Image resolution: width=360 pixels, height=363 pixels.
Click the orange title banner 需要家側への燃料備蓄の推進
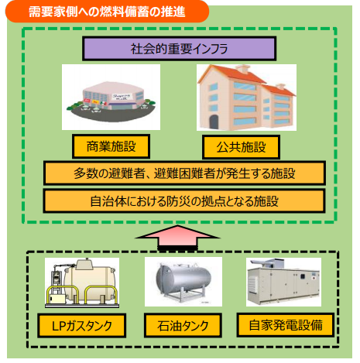pyautogui.click(x=107, y=12)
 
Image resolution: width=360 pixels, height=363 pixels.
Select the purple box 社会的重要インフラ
pyautogui.click(x=179, y=49)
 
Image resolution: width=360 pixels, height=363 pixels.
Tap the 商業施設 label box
pyautogui.click(x=111, y=146)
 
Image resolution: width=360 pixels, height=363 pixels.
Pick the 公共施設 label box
pyautogui.click(x=241, y=147)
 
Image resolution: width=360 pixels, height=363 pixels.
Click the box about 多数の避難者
pyautogui.click(x=184, y=173)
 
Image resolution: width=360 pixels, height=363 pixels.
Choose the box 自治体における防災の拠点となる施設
pyautogui.click(x=184, y=201)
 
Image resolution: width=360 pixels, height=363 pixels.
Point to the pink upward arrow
pyautogui.click(x=178, y=237)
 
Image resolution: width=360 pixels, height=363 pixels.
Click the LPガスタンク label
pyautogui.click(x=82, y=326)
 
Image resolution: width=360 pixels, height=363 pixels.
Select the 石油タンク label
pyautogui.click(x=183, y=326)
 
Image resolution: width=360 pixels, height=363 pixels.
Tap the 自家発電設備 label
pyautogui.click(x=286, y=325)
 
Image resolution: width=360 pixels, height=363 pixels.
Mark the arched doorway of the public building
pyautogui.click(x=214, y=122)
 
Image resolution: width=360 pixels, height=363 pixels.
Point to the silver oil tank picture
pyautogui.click(x=183, y=282)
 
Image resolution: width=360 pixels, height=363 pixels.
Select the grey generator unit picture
pyautogui.click(x=283, y=283)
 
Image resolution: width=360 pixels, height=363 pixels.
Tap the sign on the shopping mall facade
pyautogui.click(x=122, y=97)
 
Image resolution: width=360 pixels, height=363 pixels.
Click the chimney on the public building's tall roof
pyautogui.click(x=242, y=69)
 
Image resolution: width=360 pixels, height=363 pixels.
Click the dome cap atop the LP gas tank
pyautogui.click(x=85, y=265)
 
